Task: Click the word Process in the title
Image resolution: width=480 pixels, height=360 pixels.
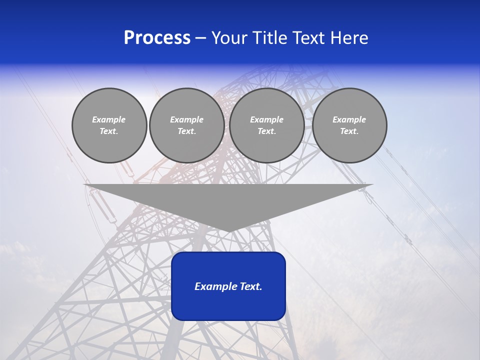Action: (157, 38)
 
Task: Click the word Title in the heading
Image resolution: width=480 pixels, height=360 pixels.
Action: (267, 38)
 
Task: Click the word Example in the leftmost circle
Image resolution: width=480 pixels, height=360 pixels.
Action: (109, 119)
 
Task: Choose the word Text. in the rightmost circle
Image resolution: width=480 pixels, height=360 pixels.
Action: (349, 131)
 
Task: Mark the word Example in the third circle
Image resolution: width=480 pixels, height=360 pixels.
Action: (267, 119)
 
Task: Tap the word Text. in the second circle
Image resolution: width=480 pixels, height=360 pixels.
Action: (187, 131)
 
